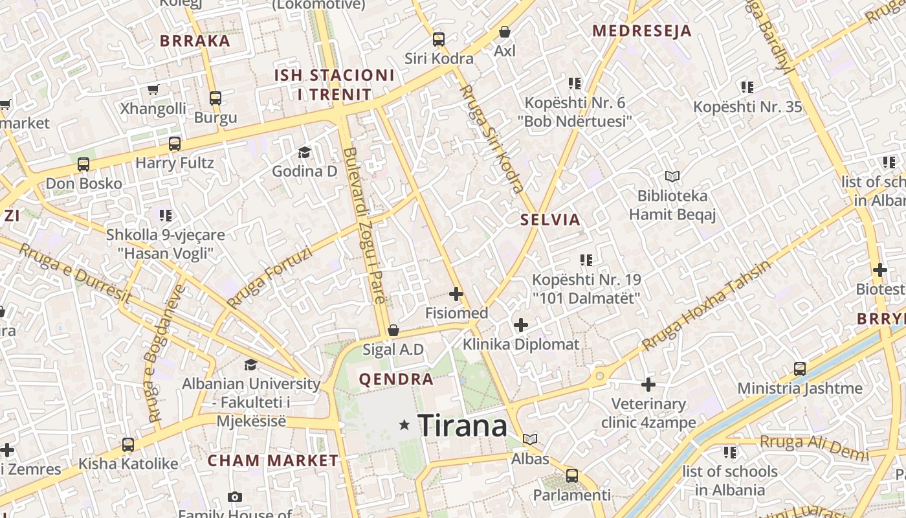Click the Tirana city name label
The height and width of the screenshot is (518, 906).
pyautogui.click(x=462, y=426)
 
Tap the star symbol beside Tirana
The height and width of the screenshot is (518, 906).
pyautogui.click(x=405, y=425)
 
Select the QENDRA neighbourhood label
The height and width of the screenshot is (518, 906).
pyautogui.click(x=396, y=379)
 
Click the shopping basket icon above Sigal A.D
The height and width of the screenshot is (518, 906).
pyautogui.click(x=393, y=331)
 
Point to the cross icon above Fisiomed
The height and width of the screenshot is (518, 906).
pyautogui.click(x=456, y=294)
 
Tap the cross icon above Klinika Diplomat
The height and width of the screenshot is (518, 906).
pyautogui.click(x=521, y=324)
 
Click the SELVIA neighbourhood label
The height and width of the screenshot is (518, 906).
pyautogui.click(x=551, y=220)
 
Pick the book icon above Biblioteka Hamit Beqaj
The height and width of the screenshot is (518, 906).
pyautogui.click(x=672, y=176)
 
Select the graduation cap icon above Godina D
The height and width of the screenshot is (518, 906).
pyautogui.click(x=304, y=153)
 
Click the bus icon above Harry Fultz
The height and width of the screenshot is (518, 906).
pyautogui.click(x=175, y=144)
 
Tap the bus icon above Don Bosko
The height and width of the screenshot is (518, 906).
pyautogui.click(x=83, y=164)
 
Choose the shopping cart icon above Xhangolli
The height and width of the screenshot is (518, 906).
pyautogui.click(x=153, y=90)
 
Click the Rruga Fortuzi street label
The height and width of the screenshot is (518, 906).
pyautogui.click(x=269, y=277)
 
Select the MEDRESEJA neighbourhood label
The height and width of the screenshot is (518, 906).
pyautogui.click(x=642, y=30)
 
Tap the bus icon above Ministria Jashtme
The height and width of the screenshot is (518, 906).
pyautogui.click(x=800, y=369)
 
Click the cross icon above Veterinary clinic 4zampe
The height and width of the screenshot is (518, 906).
pyautogui.click(x=648, y=385)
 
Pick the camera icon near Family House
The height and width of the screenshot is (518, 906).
pyautogui.click(x=235, y=497)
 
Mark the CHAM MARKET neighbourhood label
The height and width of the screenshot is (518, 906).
pyautogui.click(x=273, y=461)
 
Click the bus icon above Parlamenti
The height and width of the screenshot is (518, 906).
pyautogui.click(x=571, y=476)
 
